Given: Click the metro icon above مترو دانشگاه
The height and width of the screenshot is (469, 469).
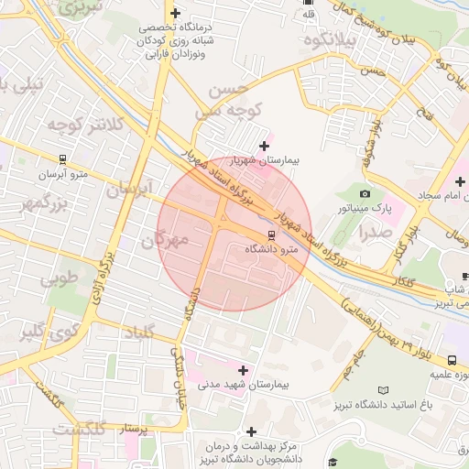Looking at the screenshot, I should coord(269,234).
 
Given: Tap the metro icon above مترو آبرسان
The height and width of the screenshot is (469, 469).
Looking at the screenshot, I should coord(62,158).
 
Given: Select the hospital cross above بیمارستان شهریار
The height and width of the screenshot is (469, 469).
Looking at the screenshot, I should coord(265,145).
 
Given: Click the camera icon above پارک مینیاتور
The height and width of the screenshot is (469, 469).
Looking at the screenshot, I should coord(365,193).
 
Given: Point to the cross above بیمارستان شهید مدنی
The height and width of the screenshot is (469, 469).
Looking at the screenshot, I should coord(243,370).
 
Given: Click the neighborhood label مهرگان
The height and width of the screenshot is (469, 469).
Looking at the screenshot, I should coord(165,242).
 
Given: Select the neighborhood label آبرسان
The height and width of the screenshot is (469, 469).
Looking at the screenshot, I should coord(127,191).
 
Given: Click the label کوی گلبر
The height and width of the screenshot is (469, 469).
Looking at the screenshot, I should coord(45,333).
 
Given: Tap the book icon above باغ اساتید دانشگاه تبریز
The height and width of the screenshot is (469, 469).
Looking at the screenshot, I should coord(383,390).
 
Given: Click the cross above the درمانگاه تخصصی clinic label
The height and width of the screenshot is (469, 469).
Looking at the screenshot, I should coord(175,14).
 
